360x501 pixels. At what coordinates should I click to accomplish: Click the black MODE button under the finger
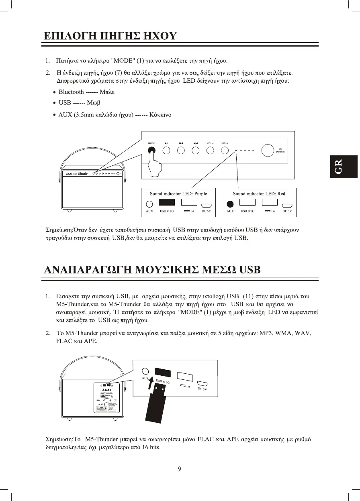(x=152, y=151)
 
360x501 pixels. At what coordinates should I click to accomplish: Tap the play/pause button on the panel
(x=166, y=151)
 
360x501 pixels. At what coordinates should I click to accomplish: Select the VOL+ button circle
(x=224, y=151)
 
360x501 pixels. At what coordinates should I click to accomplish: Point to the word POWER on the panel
(x=280, y=152)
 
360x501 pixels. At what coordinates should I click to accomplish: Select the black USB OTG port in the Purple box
(x=167, y=203)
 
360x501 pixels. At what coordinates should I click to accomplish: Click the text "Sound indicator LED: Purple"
(x=178, y=193)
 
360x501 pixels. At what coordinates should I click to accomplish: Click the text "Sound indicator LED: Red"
(x=259, y=193)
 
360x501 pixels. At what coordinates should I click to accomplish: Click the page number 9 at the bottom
(x=180, y=469)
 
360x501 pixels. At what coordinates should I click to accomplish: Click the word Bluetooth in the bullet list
(x=71, y=92)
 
